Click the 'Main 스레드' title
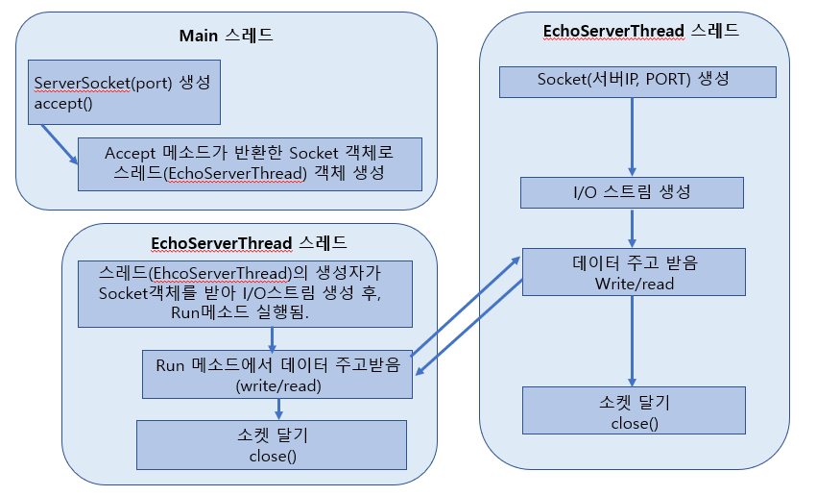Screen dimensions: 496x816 tap(227, 37)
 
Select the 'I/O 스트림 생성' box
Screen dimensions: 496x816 tap(632, 191)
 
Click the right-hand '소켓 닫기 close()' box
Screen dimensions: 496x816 tap(633, 409)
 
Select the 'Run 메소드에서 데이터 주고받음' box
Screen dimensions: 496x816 tap(277, 373)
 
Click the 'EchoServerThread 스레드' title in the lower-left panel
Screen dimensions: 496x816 tap(249, 242)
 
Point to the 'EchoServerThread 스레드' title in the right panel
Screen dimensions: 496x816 tap(640, 30)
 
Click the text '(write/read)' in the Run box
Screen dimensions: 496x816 tap(278, 385)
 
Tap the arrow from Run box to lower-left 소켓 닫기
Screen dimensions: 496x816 tap(278, 409)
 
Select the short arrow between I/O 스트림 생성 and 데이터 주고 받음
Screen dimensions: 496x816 tap(633, 228)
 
